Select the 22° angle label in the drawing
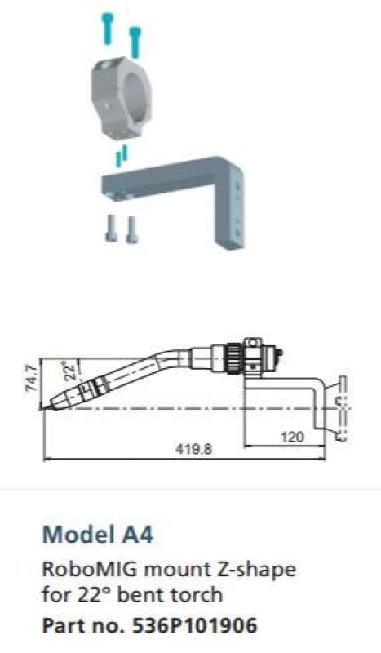[70, 371]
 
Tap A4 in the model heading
[136, 535]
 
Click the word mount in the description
[161, 567]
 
